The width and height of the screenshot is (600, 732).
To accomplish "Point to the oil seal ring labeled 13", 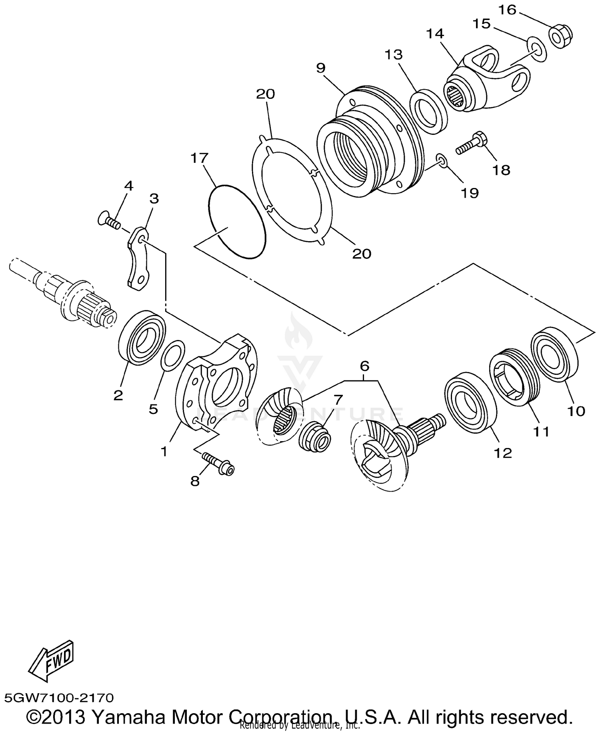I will point(429,111).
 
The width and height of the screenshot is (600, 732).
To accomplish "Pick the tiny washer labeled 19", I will point(442,161).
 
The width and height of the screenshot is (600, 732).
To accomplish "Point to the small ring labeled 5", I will point(172,354).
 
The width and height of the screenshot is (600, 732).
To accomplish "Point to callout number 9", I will point(321,68).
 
